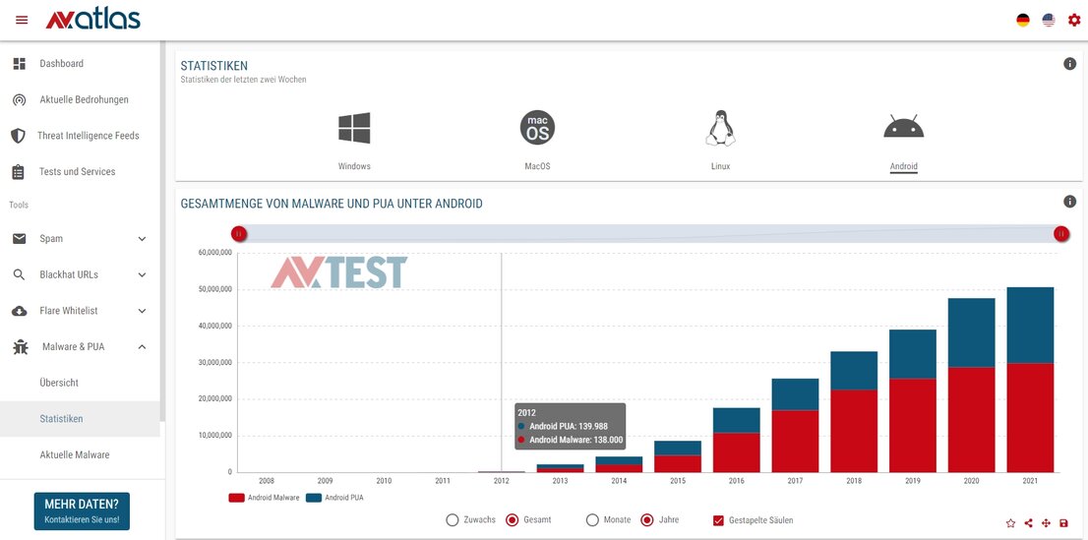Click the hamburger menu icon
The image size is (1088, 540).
click(x=22, y=20)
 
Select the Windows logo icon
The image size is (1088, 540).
click(x=354, y=128)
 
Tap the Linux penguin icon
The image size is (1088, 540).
click(x=720, y=128)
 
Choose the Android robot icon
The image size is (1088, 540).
click(x=903, y=127)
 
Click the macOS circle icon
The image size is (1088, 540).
click(x=537, y=128)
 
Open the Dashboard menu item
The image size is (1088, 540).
click(x=61, y=64)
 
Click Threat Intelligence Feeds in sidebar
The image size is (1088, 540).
click(x=88, y=136)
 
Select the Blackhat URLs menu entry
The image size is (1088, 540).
click(x=69, y=274)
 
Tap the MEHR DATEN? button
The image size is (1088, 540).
click(x=82, y=510)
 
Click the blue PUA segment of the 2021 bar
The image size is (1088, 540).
click(x=1030, y=325)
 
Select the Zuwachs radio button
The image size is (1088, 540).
click(x=453, y=519)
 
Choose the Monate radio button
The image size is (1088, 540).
click(x=592, y=519)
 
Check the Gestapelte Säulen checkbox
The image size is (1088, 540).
click(x=718, y=519)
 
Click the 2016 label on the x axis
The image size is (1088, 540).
click(x=736, y=481)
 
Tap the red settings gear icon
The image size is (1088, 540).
click(x=1073, y=20)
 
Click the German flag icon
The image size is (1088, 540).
click(x=1023, y=20)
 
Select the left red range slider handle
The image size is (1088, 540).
click(x=238, y=233)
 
